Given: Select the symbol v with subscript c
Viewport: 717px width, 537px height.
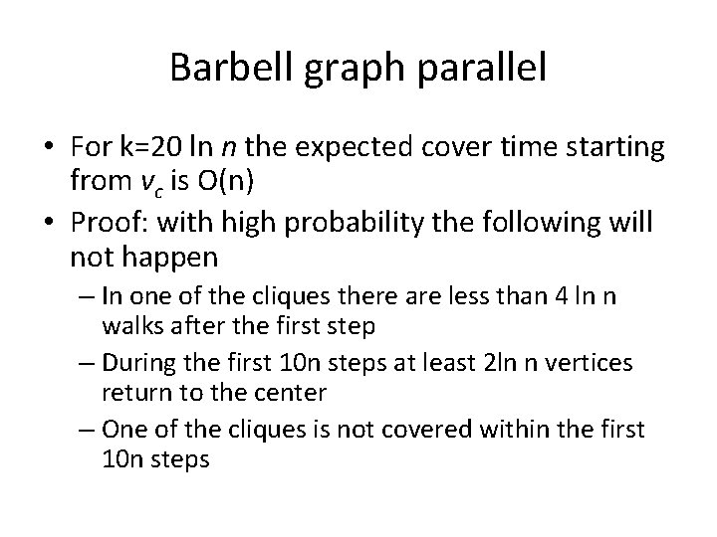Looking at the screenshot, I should point(129,182).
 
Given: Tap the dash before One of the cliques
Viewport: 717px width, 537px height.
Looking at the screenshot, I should point(88,429).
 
